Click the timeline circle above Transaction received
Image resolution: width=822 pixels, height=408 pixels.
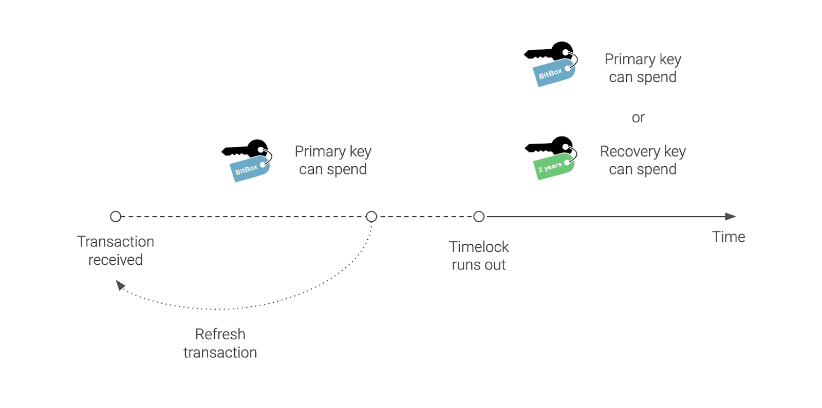tap(116, 217)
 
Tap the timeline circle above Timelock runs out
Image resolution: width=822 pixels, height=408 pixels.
tap(479, 217)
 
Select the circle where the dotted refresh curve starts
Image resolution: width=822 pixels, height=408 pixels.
tap(371, 217)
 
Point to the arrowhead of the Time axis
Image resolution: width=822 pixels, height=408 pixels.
tap(731, 217)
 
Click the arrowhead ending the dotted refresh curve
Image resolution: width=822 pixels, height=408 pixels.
tap(120, 285)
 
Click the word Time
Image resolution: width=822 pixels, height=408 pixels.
tap(728, 237)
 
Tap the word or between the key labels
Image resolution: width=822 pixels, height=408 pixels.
tap(638, 118)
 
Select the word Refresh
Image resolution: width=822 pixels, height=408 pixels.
tap(220, 334)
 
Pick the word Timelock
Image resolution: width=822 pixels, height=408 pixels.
tap(479, 247)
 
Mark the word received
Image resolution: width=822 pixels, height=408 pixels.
tap(116, 260)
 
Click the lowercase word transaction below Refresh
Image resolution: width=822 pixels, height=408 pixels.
tap(220, 353)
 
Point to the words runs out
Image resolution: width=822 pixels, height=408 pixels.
tap(479, 265)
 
